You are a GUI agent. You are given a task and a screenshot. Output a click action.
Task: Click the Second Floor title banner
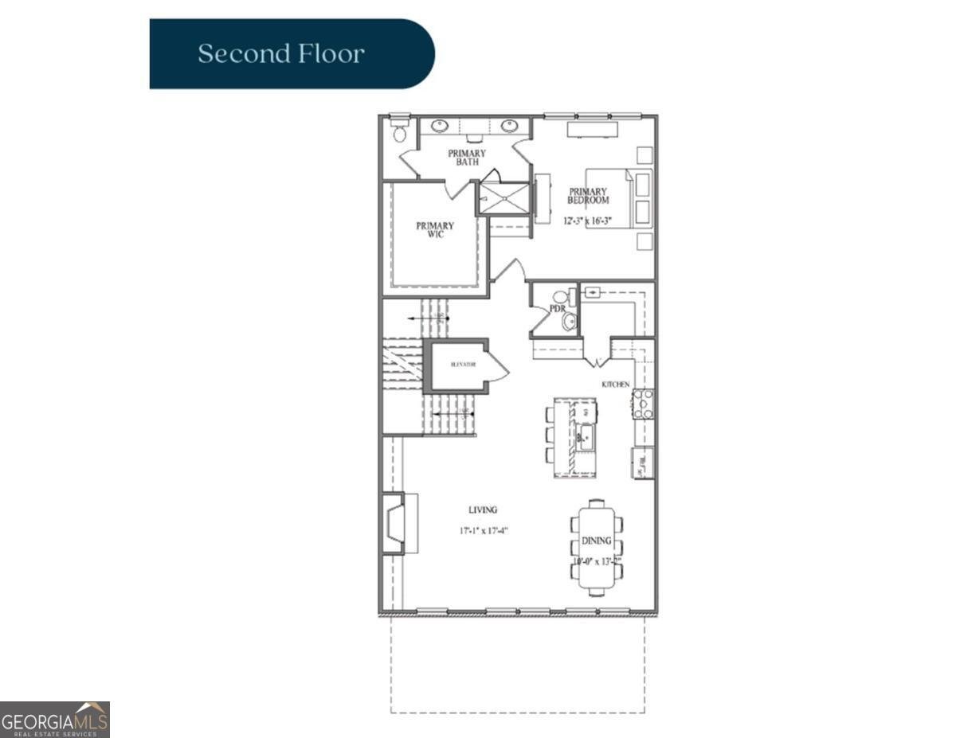coord(292,54)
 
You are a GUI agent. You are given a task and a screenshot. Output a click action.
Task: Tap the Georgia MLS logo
coord(55,720)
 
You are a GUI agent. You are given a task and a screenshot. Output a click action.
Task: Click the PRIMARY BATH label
coord(467,158)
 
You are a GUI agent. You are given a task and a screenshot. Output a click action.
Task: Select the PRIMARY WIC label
coord(435,230)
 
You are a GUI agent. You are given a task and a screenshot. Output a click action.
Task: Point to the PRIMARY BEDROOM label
coord(588,196)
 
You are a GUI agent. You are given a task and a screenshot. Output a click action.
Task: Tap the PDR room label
coord(557,307)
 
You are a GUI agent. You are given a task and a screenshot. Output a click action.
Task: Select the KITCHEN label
coord(615,385)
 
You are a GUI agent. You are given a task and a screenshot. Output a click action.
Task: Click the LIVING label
coord(483,510)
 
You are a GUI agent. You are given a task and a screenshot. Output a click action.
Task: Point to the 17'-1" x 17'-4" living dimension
coord(484,529)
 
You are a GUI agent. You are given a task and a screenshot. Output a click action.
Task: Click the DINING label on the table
coord(596,541)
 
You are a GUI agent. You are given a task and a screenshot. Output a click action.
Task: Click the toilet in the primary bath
coord(400,132)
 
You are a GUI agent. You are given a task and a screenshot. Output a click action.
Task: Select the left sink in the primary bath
coord(439,126)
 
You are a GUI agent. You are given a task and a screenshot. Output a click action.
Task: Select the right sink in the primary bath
coord(510,126)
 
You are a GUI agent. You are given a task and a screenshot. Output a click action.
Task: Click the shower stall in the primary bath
coord(503,198)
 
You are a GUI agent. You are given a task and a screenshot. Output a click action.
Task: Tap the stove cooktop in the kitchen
coord(643,404)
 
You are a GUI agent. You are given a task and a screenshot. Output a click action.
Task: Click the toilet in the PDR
coord(569,321)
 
